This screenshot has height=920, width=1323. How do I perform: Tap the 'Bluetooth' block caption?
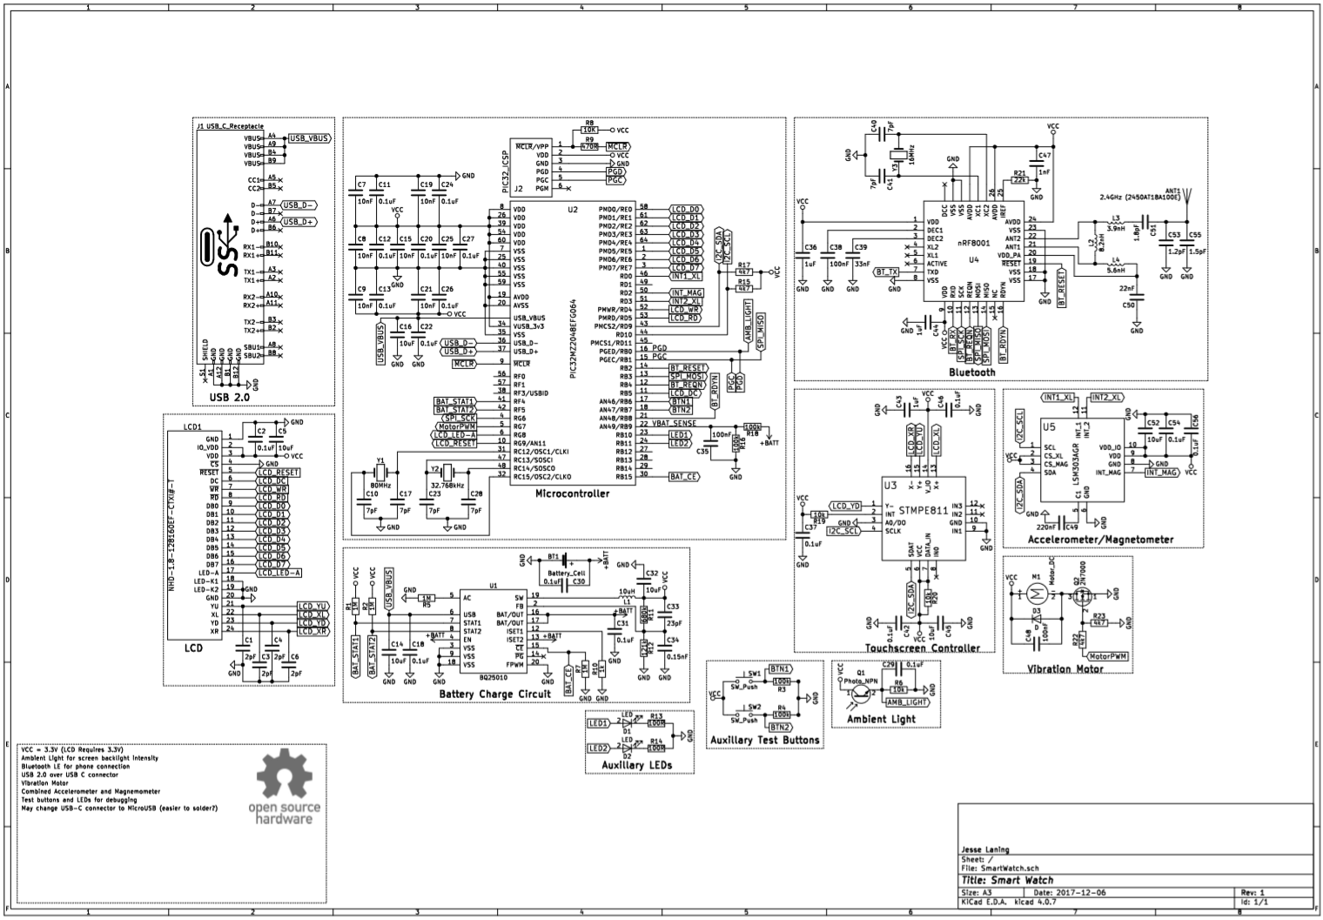(971, 373)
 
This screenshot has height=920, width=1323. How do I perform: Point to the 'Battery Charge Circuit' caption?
(494, 694)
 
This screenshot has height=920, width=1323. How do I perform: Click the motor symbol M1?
(1036, 594)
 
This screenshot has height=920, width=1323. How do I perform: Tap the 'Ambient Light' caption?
(881, 719)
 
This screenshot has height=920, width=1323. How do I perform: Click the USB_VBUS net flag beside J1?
(309, 138)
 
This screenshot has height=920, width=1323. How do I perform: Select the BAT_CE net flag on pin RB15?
(684, 476)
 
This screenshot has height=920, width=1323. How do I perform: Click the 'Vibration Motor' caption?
(1065, 668)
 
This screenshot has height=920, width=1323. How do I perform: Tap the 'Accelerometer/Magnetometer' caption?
(1101, 540)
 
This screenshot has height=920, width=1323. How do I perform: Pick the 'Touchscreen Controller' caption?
(922, 648)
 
